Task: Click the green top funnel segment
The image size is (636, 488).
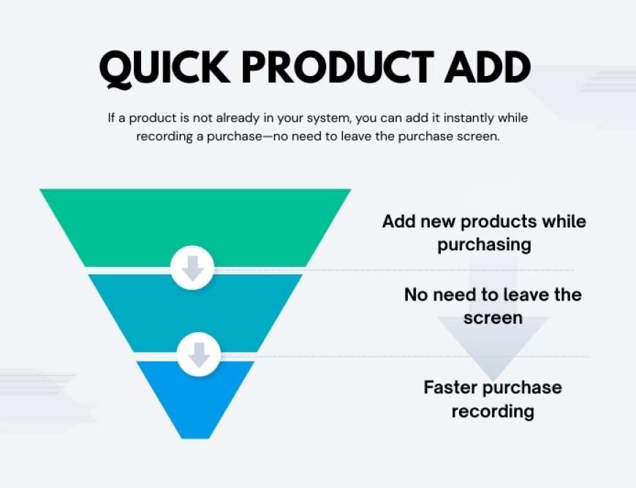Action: (195, 223)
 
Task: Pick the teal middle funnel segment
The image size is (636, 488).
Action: (195, 311)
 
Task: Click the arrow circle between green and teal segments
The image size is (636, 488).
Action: (192, 268)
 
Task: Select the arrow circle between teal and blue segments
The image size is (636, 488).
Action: (198, 355)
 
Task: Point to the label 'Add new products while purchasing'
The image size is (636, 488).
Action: (484, 233)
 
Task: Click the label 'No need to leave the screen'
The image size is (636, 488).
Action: (493, 306)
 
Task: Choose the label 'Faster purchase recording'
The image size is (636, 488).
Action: (493, 399)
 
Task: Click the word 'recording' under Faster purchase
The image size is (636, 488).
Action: (493, 411)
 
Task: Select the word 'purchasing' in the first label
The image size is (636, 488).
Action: (484, 244)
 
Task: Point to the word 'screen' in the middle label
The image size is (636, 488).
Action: (493, 318)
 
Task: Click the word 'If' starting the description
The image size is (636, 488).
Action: (112, 118)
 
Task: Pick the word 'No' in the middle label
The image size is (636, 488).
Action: (417, 295)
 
